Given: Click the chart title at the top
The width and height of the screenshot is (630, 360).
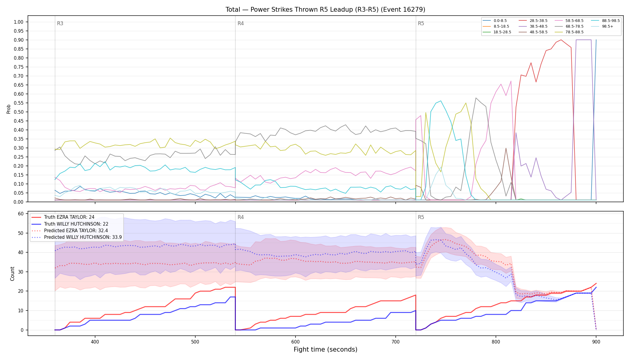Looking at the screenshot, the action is (325, 10).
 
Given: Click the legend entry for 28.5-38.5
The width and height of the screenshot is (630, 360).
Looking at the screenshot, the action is (533, 21).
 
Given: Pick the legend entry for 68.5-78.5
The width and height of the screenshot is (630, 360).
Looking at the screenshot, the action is (569, 26).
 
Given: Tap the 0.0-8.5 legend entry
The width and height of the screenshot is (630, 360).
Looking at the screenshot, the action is (495, 21).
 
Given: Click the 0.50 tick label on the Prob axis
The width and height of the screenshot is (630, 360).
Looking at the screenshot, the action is (19, 112).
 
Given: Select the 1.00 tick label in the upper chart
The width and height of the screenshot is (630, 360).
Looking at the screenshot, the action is (19, 22).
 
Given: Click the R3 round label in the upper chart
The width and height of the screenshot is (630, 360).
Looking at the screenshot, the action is (60, 23).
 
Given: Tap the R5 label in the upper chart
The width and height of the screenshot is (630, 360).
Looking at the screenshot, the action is (421, 23).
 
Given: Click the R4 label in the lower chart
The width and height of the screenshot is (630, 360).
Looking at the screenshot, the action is (241, 217).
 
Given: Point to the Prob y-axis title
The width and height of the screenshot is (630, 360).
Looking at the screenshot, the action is (8, 109).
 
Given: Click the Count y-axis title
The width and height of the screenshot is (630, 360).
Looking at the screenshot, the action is (12, 274).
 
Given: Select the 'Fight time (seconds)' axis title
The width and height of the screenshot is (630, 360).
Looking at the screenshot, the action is (325, 349).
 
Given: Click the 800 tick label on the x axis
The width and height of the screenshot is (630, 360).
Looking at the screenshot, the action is (496, 342).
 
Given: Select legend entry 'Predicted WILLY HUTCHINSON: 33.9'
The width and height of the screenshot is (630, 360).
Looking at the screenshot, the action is (76, 237).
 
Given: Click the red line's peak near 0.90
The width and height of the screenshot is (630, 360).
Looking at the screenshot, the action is (561, 40).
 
